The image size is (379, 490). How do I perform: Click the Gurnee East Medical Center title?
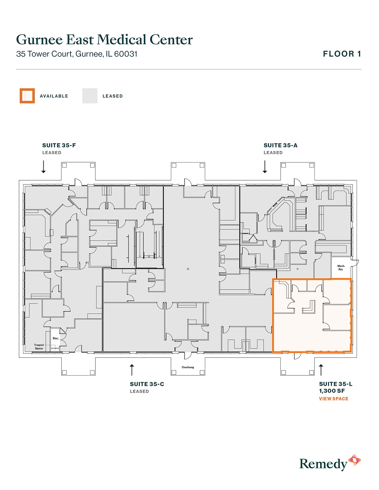click(104, 40)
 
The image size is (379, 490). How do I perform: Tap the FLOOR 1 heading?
click(342, 54)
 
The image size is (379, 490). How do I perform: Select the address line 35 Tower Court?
click(77, 54)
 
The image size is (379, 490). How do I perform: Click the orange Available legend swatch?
click(27, 96)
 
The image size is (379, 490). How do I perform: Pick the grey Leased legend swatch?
click(90, 96)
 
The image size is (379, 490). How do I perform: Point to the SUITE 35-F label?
click(59, 146)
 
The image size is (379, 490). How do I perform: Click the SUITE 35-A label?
click(280, 146)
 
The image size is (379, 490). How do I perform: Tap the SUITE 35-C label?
click(147, 384)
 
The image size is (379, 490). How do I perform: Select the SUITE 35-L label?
click(336, 384)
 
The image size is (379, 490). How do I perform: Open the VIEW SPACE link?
click(334, 399)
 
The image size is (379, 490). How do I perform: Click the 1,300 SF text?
click(332, 391)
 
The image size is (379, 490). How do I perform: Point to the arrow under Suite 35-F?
click(44, 167)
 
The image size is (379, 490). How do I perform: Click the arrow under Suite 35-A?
click(265, 167)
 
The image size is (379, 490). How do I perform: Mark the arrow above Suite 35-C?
click(132, 370)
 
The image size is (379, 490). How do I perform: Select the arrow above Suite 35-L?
click(321, 370)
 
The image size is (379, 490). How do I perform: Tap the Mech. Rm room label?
click(341, 268)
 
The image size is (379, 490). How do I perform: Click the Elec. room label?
click(56, 339)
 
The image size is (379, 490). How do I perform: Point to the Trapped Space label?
click(39, 347)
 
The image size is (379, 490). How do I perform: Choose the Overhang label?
click(188, 367)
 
